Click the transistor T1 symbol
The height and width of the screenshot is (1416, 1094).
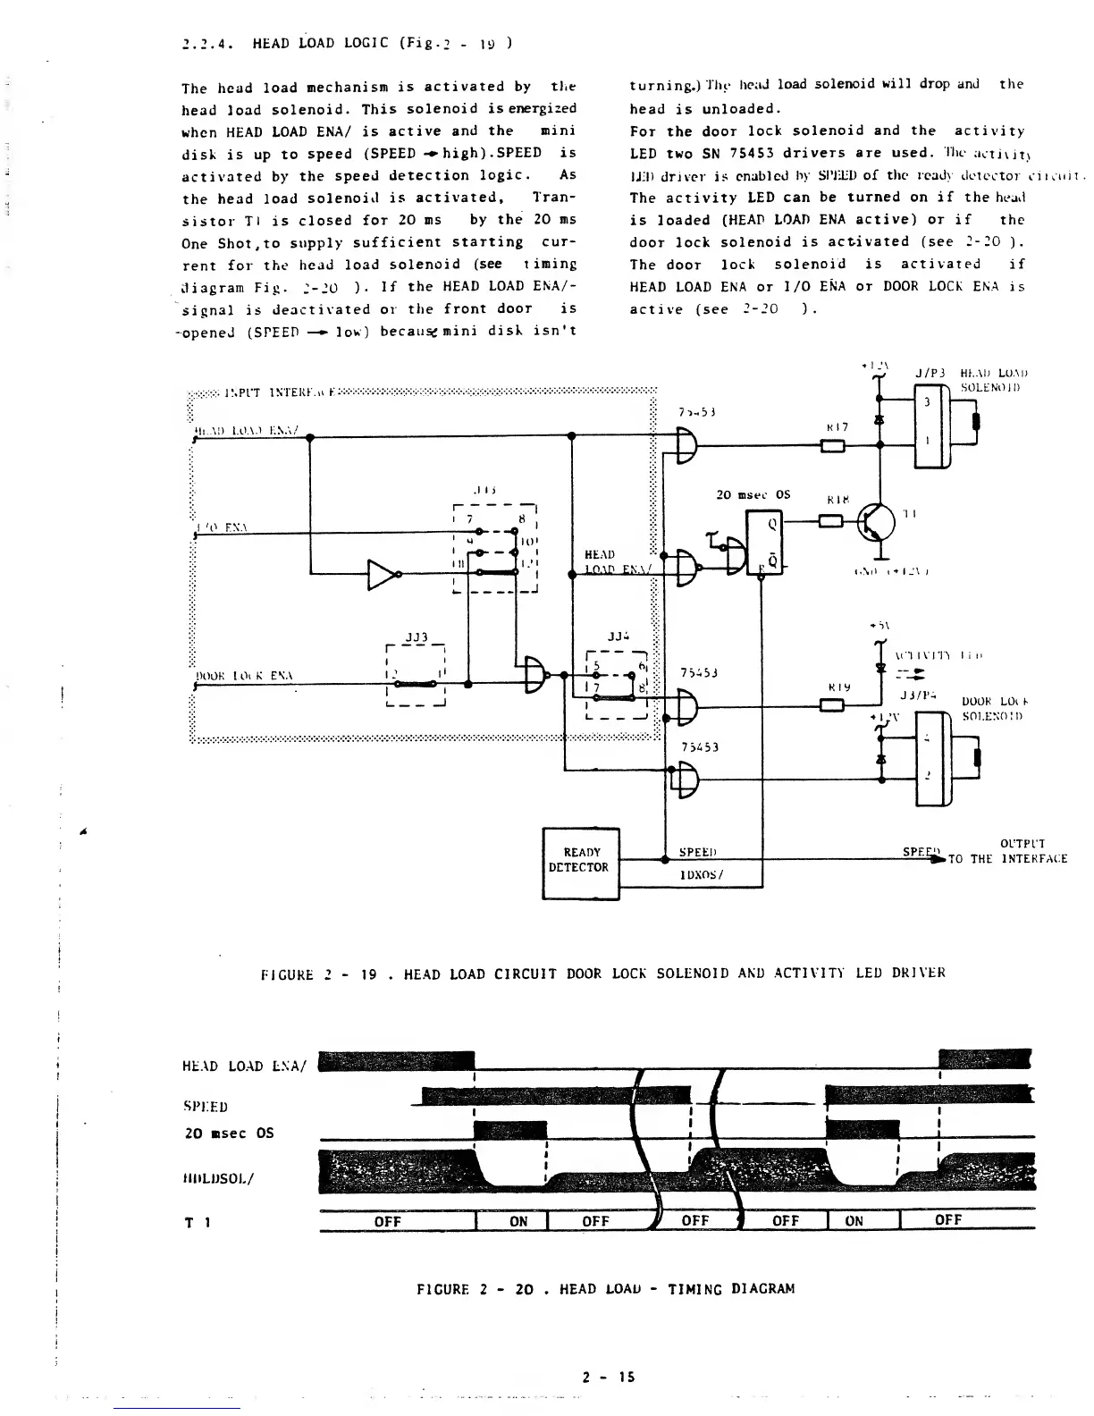(x=875, y=521)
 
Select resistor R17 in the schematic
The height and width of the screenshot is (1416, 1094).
(x=832, y=446)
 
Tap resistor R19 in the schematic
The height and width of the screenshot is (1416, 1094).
(x=832, y=706)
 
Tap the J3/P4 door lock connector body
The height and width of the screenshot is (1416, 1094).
(x=929, y=755)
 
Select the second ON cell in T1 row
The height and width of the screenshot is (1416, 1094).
(x=854, y=1221)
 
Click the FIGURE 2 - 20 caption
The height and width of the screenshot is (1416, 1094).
(x=605, y=1288)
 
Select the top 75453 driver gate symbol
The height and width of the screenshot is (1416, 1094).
(x=689, y=445)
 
